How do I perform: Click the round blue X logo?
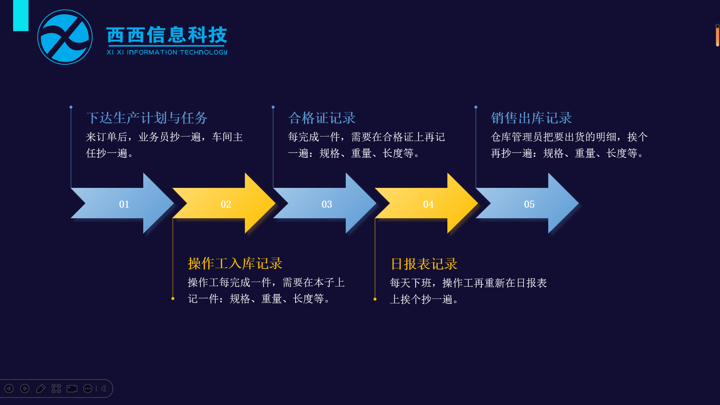click(65, 37)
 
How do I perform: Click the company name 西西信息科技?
click(167, 35)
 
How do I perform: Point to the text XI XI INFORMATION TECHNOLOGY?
click(167, 52)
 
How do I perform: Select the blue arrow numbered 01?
click(122, 203)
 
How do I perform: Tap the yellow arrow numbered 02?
click(224, 203)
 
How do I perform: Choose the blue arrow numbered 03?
click(325, 203)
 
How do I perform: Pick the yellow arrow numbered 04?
click(426, 203)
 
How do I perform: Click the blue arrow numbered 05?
click(527, 203)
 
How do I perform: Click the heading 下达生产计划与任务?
click(147, 118)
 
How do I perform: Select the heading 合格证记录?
click(322, 118)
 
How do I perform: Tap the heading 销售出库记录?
click(531, 118)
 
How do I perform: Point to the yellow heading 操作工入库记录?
click(235, 263)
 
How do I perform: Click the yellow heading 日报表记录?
click(424, 264)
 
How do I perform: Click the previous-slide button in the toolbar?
click(9, 388)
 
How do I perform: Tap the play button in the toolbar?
click(25, 388)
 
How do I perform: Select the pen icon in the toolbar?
click(40, 388)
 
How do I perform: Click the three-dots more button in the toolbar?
click(88, 388)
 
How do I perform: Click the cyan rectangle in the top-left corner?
click(21, 15)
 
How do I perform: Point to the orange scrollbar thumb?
click(717, 36)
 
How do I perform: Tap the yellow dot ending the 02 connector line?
click(173, 298)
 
